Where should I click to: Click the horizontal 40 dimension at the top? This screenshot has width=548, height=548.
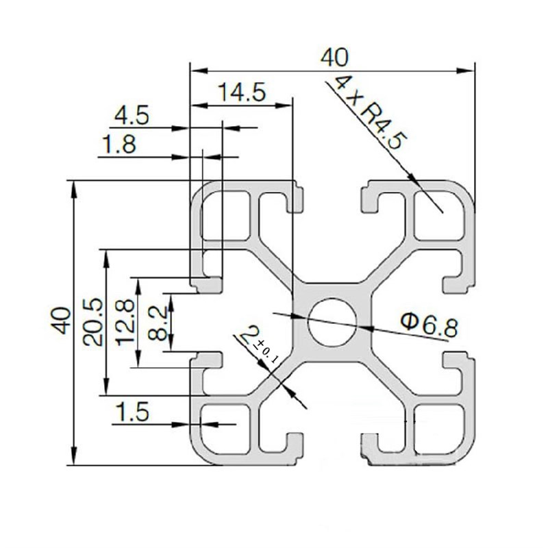[x=334, y=57]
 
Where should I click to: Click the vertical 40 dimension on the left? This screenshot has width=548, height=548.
[x=62, y=321]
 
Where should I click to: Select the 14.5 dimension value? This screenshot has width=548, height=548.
[x=241, y=92]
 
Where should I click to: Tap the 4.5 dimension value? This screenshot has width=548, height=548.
[x=131, y=115]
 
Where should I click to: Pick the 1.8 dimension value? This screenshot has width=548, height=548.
[x=118, y=145]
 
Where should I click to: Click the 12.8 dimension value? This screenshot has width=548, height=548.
[x=126, y=323]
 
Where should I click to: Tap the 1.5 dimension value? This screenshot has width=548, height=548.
[x=132, y=412]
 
